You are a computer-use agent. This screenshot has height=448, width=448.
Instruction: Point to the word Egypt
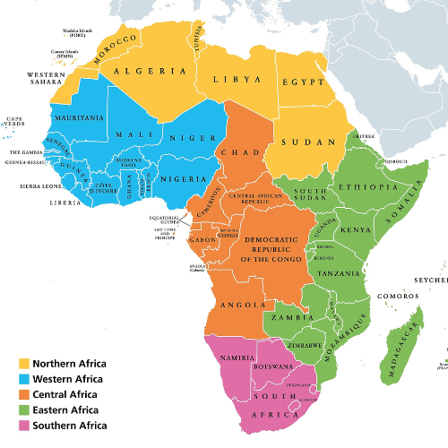point(306,80)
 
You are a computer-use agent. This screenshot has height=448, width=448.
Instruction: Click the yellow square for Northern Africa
point(23,364)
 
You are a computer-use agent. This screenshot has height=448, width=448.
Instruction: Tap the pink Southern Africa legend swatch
point(23,425)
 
